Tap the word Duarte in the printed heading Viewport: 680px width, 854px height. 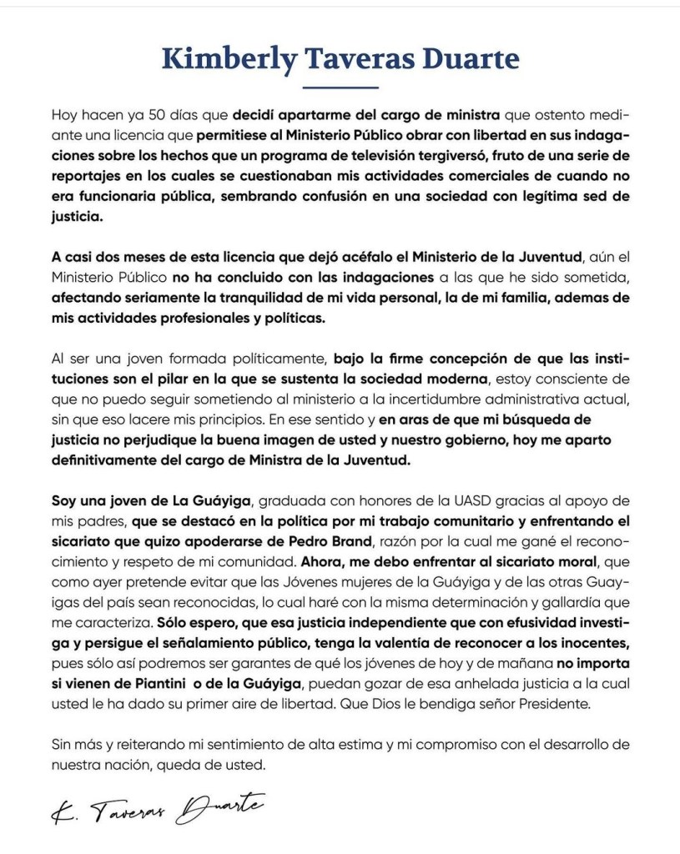tap(473, 59)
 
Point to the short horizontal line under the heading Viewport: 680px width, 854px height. tap(340, 87)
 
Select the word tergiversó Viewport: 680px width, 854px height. tap(446, 156)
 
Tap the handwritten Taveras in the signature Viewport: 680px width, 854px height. tap(124, 806)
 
